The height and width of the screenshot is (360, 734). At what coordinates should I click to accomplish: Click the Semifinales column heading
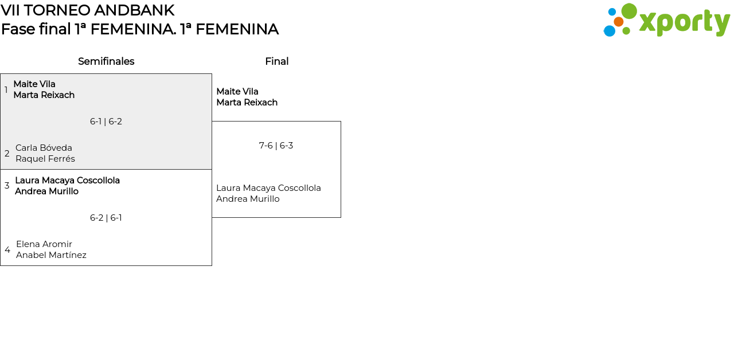pyautogui.click(x=106, y=61)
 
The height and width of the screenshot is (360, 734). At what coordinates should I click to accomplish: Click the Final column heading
pyautogui.click(x=277, y=61)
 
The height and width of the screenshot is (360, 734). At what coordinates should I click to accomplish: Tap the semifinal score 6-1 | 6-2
pyautogui.click(x=106, y=122)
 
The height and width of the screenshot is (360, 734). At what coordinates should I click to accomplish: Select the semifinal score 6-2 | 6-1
pyautogui.click(x=106, y=218)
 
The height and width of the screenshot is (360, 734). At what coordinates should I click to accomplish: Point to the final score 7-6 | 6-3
pyautogui.click(x=276, y=146)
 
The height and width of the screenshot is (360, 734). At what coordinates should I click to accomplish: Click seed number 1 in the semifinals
pyautogui.click(x=6, y=90)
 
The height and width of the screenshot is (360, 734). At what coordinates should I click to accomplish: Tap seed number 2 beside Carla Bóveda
pyautogui.click(x=7, y=153)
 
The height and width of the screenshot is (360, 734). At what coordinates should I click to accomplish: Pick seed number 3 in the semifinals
pyautogui.click(x=7, y=186)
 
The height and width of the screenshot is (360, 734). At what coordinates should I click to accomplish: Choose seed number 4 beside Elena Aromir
pyautogui.click(x=7, y=249)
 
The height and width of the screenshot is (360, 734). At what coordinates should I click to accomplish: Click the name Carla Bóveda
pyautogui.click(x=44, y=148)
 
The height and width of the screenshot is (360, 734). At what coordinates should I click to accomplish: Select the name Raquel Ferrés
pyautogui.click(x=45, y=159)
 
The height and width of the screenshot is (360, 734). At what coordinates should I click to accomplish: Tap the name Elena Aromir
pyautogui.click(x=44, y=244)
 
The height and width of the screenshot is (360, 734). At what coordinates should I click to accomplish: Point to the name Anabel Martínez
pyautogui.click(x=51, y=255)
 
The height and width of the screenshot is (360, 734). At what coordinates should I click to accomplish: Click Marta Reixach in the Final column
pyautogui.click(x=247, y=103)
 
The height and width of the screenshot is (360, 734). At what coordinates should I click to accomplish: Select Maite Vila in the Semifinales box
pyautogui.click(x=34, y=84)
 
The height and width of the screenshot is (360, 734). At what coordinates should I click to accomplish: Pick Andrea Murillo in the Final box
pyautogui.click(x=248, y=199)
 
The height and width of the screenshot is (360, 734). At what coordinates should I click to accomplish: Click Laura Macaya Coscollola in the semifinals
pyautogui.click(x=68, y=181)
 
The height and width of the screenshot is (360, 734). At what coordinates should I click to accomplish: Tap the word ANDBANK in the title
pyautogui.click(x=134, y=10)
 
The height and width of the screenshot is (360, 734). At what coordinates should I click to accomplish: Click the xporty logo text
pyautogui.click(x=685, y=22)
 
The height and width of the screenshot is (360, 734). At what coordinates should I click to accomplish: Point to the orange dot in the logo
pyautogui.click(x=619, y=22)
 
